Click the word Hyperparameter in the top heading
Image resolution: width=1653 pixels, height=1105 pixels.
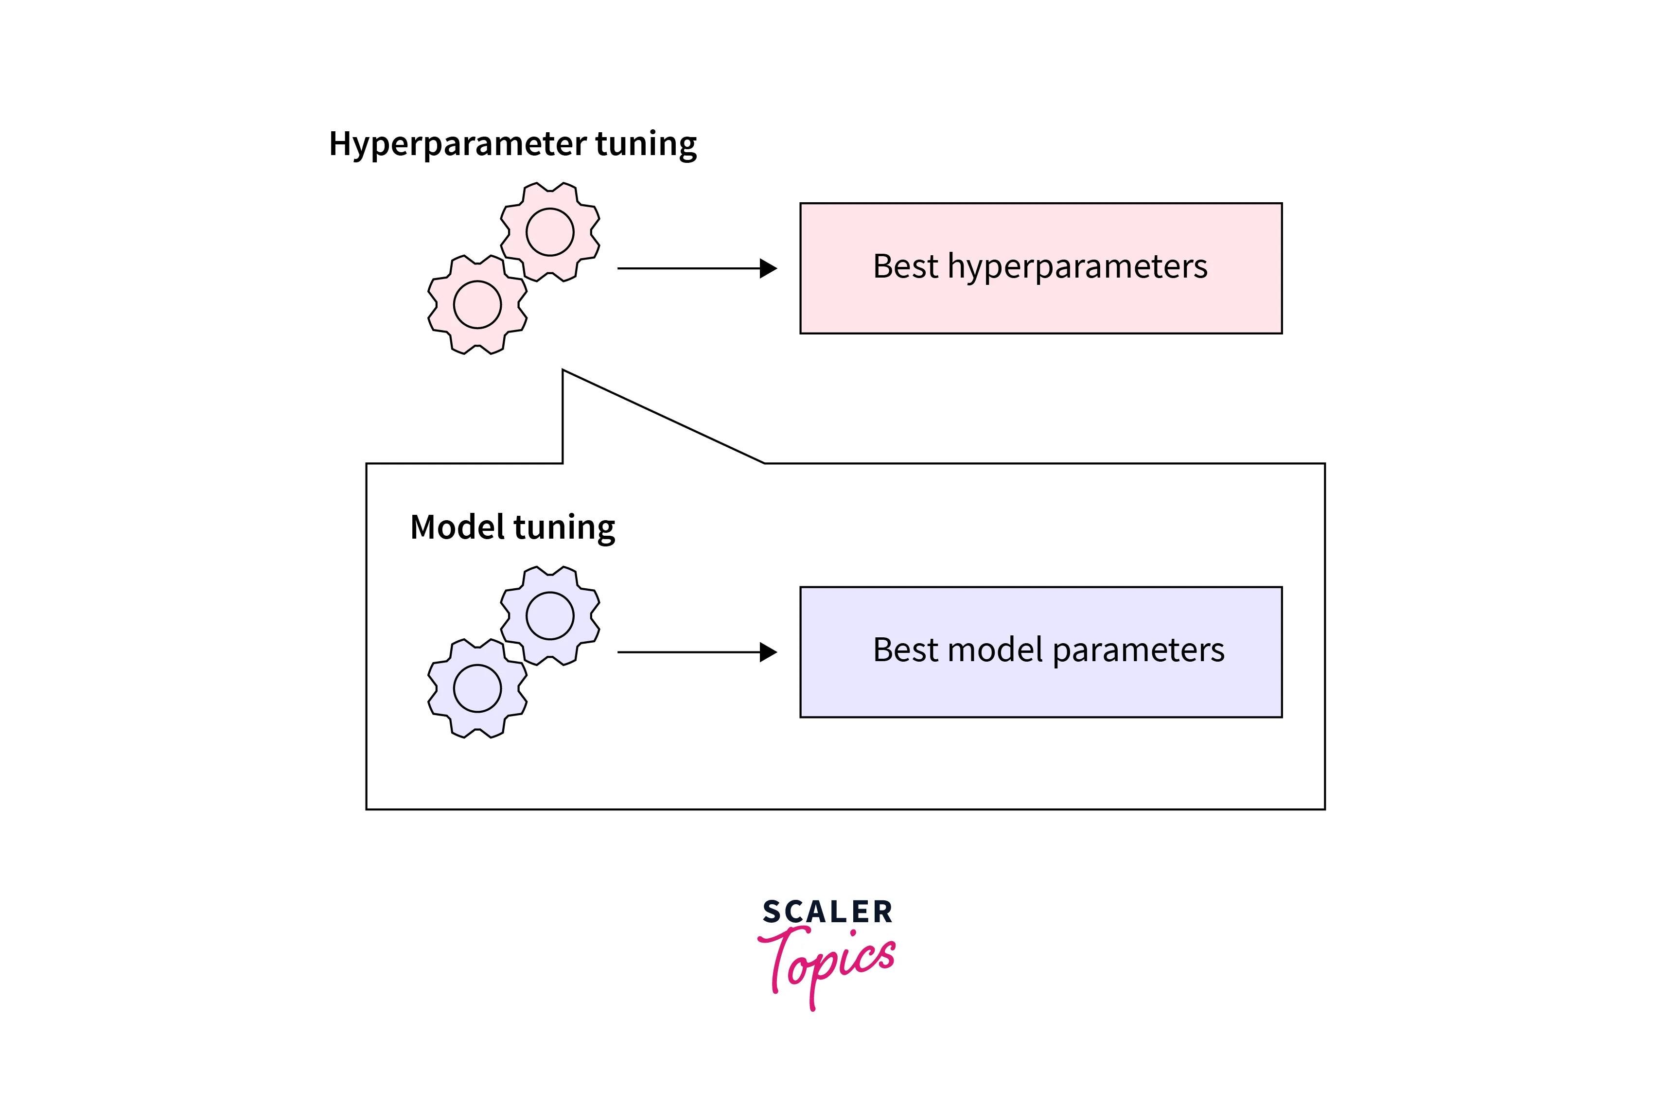(458, 144)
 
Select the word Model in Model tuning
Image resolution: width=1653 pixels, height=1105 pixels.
(457, 527)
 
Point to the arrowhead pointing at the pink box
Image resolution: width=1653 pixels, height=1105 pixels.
(768, 268)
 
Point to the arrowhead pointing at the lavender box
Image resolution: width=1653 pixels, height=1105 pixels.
(768, 652)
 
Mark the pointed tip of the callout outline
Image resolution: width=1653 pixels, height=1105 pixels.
(563, 370)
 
